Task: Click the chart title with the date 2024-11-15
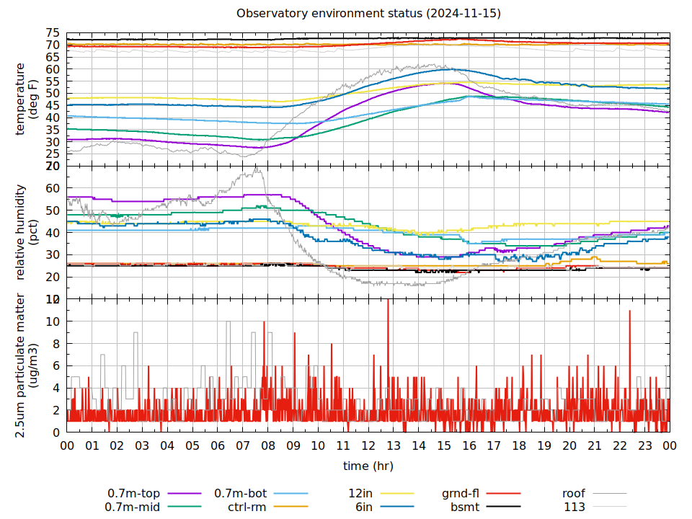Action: [368, 14]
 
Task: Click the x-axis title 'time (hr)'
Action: [368, 466]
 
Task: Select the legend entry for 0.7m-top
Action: [134, 494]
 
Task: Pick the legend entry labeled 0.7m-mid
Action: [134, 507]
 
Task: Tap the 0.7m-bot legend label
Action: [241, 494]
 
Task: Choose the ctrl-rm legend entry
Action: [247, 507]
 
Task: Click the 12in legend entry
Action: [360, 494]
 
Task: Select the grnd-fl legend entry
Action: [461, 494]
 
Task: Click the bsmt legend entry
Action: [465, 507]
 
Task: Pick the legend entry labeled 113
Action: [575, 507]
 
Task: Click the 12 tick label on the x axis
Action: [368, 446]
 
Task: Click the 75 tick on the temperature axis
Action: [53, 33]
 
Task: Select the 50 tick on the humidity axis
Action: [53, 210]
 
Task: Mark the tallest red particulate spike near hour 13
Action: [388, 301]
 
